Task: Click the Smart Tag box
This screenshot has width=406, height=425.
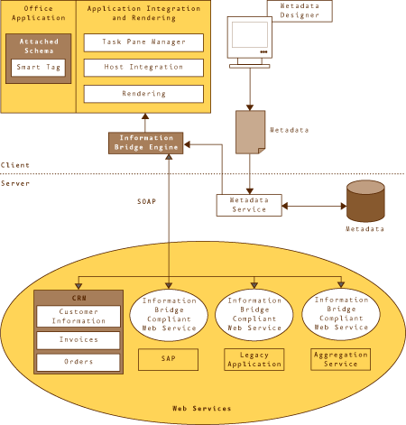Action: coord(38,68)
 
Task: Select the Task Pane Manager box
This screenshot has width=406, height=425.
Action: coord(143,42)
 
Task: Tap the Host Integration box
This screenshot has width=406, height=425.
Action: coord(143,68)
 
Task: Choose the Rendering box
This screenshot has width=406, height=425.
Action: coord(143,94)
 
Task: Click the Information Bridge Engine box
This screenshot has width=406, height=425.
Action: coord(146,143)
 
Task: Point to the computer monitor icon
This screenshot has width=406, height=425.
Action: coord(250,42)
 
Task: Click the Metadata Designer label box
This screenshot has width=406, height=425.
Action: coord(300,11)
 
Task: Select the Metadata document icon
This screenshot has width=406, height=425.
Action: coord(250,132)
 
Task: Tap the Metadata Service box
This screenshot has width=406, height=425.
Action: coord(249,205)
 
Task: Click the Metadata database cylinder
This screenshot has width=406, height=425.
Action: coord(365,201)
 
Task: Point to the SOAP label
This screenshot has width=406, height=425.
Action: coord(146,201)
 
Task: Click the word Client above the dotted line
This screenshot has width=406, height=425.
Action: coord(15,165)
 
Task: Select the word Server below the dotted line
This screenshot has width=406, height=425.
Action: coord(15,183)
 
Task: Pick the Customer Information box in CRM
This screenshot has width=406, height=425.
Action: coord(78,317)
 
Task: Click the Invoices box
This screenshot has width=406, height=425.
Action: coord(78,340)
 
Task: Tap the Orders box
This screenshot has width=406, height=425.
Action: coord(78,362)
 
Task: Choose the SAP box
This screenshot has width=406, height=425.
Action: coord(168,359)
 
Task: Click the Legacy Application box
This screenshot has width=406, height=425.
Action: coord(254,359)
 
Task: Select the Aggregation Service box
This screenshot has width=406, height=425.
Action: coord(340,359)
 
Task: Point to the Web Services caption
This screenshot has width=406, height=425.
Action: coord(202,409)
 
